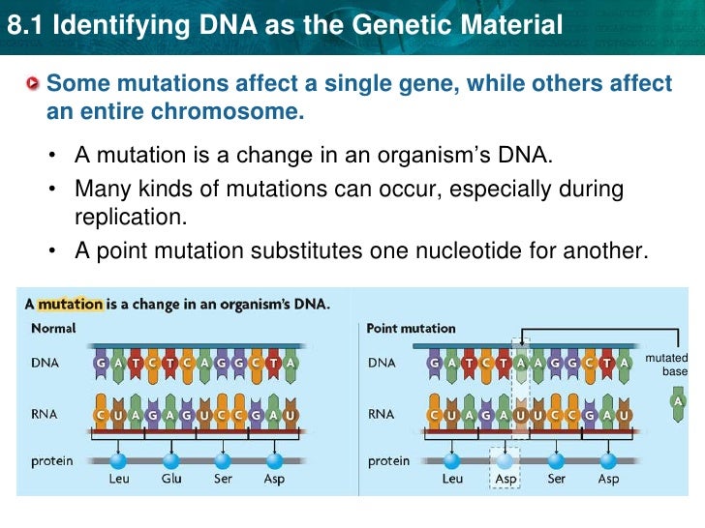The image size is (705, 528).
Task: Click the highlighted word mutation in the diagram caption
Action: coord(70,304)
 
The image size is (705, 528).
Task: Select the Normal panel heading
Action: coord(53,328)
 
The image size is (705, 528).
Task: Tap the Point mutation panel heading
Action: coord(411,328)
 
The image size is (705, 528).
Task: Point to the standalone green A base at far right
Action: coord(679,400)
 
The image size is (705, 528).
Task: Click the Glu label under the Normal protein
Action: coord(171,480)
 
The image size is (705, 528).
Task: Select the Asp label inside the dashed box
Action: coord(504,480)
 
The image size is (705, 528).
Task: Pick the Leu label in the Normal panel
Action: coord(118,480)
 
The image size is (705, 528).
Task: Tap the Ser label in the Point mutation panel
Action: coord(556,480)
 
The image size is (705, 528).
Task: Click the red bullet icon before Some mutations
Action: coord(35,84)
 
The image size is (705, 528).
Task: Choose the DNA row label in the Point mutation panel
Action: coord(383,363)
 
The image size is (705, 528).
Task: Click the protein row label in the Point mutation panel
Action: coord(388,461)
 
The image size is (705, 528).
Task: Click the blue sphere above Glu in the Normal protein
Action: coord(171,459)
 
